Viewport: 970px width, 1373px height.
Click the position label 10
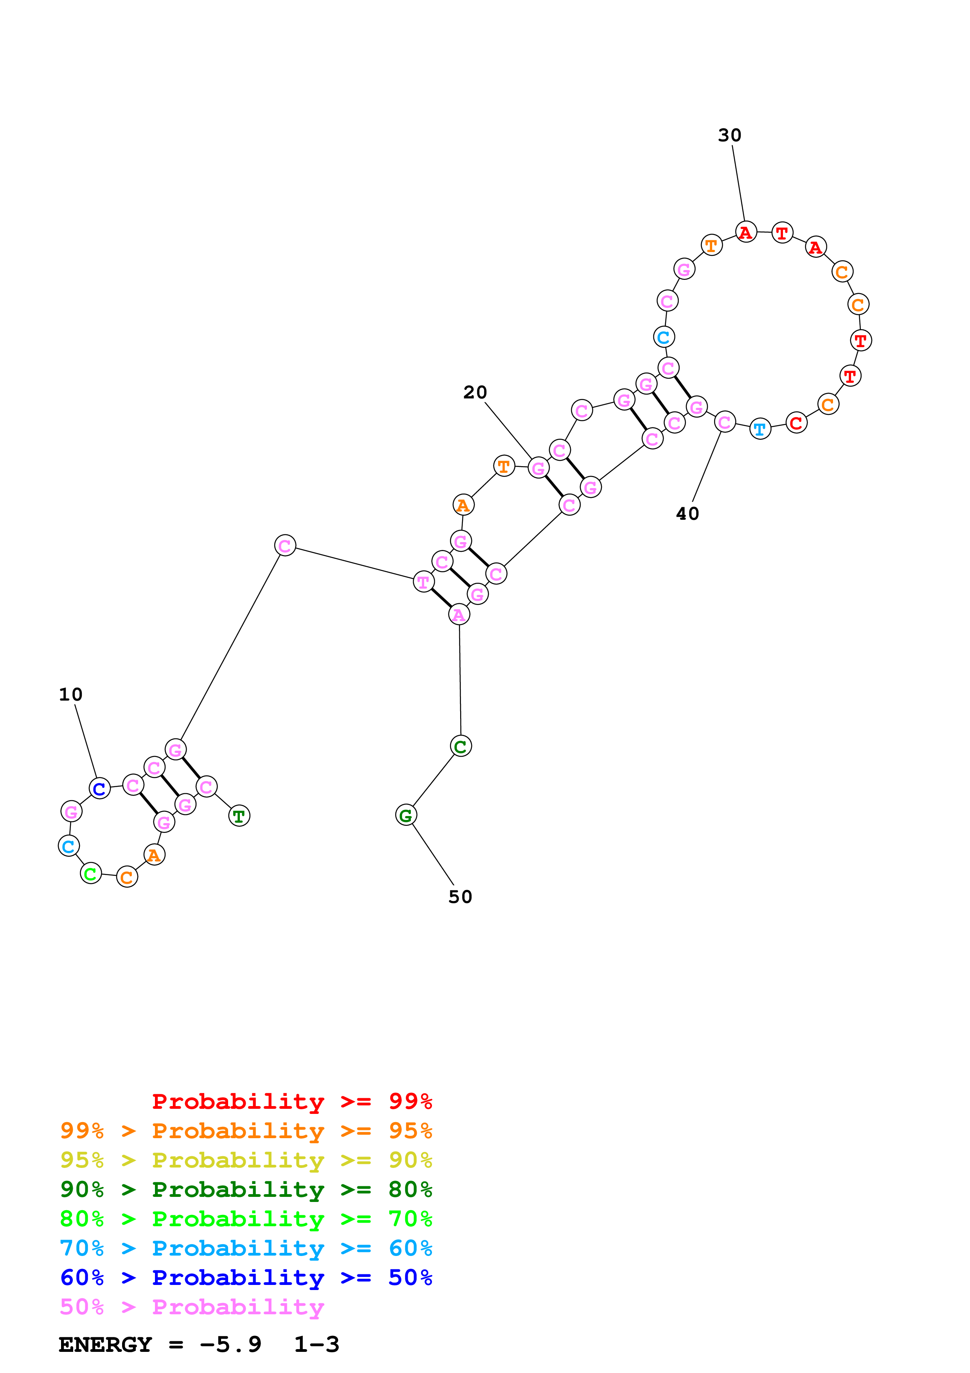pos(70,694)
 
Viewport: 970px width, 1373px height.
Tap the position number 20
pos(475,392)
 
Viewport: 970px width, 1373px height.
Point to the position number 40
pos(687,514)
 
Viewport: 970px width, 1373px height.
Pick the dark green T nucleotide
pos(239,816)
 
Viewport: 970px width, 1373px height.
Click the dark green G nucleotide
pos(406,815)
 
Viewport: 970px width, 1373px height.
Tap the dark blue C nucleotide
pos(100,789)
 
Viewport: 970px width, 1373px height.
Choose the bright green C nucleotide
pos(91,874)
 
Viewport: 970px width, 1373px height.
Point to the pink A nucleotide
pos(459,615)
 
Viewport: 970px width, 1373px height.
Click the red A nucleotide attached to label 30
pos(745,232)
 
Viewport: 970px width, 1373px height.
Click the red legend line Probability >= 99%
pos(292,1101)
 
